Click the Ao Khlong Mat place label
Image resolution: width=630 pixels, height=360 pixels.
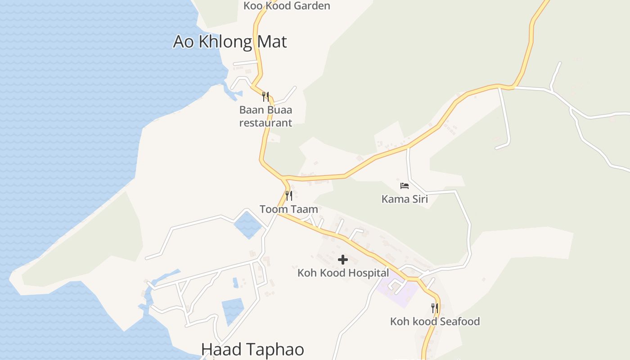[x=230, y=42]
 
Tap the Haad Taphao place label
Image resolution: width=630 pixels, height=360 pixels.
[x=252, y=350]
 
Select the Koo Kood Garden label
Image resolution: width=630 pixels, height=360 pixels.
[x=287, y=6]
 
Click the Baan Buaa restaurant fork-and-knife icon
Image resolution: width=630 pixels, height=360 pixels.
[x=265, y=96]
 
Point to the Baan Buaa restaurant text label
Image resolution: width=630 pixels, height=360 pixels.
[x=265, y=116]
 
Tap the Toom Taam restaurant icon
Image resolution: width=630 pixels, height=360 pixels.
[x=289, y=195]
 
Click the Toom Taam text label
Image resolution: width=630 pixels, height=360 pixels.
[x=288, y=209]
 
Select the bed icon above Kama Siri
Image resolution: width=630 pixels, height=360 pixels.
[x=405, y=185]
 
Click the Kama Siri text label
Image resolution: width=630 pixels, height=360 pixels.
[x=405, y=199]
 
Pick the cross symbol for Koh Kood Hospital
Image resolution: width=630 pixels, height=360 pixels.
[x=343, y=260]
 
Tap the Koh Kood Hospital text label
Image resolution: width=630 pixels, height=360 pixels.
[x=343, y=273]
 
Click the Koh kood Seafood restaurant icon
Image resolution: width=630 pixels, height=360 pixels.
[x=435, y=308]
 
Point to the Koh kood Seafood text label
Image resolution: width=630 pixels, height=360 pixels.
[x=435, y=322]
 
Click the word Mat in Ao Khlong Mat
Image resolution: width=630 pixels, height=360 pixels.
[x=271, y=42]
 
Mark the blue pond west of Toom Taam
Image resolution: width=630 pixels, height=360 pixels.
[x=247, y=224]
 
